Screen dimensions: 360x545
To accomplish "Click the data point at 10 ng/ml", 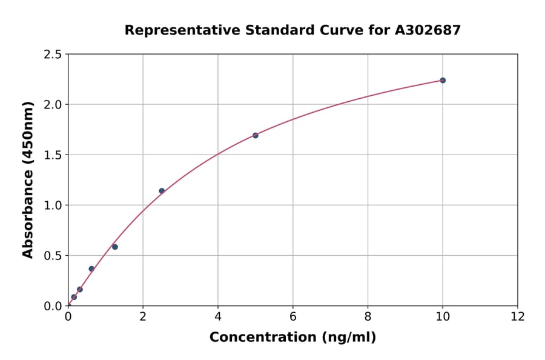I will coord(443,80).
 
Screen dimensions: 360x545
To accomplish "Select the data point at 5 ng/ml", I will coord(256,135).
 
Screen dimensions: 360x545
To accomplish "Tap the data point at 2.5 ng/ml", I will coord(162,191).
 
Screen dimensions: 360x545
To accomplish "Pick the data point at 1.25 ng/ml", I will coord(115,247).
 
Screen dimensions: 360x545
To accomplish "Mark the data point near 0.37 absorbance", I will coord(91,268).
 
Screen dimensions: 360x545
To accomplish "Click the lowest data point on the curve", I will coord(74,297).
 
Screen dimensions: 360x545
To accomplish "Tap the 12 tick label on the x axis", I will coord(518,316).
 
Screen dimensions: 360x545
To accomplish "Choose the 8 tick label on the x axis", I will coord(368,316).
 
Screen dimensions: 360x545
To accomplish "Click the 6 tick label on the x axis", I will coord(293,316).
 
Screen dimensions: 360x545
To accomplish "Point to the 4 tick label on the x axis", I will coord(218,316).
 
